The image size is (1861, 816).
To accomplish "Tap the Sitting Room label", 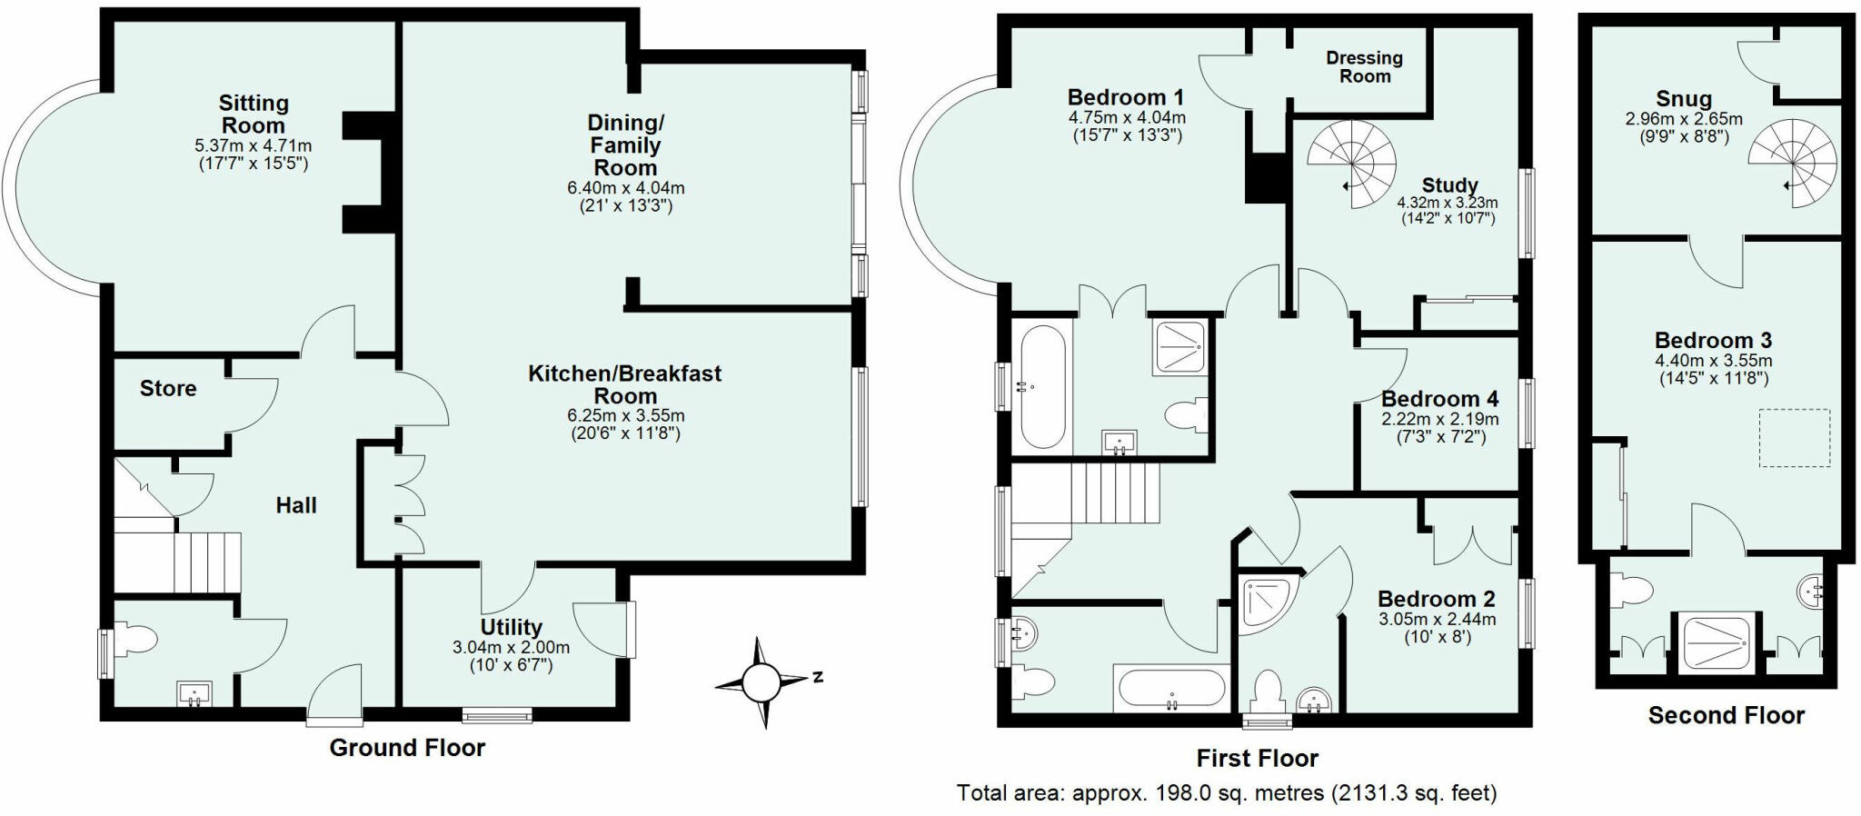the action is coord(254,114).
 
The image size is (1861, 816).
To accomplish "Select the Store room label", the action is coord(168,389).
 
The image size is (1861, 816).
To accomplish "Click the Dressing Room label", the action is coord(1365,67).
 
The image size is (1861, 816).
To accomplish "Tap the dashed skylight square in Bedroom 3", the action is coord(1795,438).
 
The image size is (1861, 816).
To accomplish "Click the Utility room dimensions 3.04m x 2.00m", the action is coord(511,648).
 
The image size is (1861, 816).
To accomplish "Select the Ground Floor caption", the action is coord(407,748).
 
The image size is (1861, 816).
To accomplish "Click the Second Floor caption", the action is coord(1727,716).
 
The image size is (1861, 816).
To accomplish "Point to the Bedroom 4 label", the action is coord(1440,399).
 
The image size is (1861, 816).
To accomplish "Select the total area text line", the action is coord(1227,793).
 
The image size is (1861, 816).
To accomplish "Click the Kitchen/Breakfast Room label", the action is coord(625,384).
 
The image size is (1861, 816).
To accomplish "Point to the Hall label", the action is coord(296,506).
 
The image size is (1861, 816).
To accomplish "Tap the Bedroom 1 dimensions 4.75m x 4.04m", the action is coord(1127,118).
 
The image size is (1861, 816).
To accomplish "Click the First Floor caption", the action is coord(1257,759).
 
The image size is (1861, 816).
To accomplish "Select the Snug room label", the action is coord(1684,99).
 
